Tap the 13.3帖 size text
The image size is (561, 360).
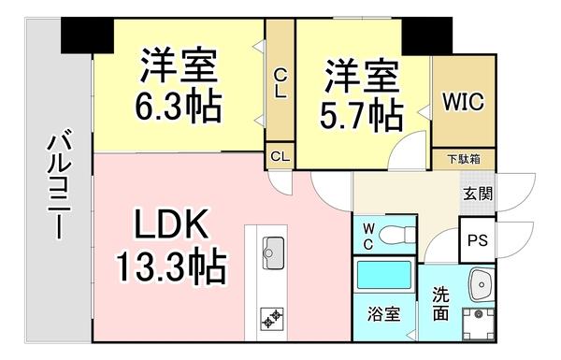170,267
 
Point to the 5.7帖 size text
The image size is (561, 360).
364,114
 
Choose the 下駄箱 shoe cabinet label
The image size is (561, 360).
462,160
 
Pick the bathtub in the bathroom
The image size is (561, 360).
385,279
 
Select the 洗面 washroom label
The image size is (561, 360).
439,304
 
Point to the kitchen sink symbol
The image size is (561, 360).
272,250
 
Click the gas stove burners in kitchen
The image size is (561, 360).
272,318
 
